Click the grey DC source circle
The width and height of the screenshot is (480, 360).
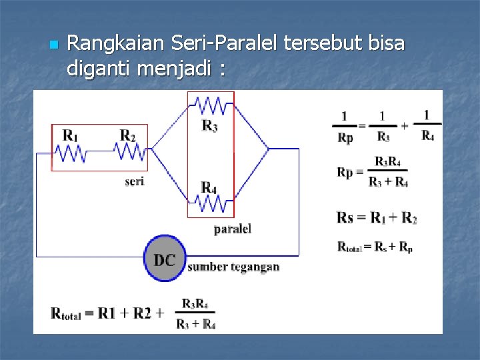point(164,259)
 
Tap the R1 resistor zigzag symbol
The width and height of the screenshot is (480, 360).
point(70,154)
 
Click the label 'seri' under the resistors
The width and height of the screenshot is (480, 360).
point(134,181)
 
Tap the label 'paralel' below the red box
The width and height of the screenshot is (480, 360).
point(232,229)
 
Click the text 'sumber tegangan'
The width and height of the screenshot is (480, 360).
point(233,267)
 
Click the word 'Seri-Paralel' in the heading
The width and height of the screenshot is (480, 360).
point(225,44)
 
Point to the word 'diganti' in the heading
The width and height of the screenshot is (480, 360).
point(100,68)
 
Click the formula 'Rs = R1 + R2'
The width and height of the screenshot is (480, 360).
point(377,217)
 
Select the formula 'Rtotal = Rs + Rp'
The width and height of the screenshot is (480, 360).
point(375,248)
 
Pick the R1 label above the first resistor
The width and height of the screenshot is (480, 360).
point(70,135)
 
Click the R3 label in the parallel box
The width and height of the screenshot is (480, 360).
point(209,125)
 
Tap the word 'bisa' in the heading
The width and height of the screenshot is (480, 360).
point(385,44)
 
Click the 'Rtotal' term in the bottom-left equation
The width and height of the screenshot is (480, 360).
point(67,313)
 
